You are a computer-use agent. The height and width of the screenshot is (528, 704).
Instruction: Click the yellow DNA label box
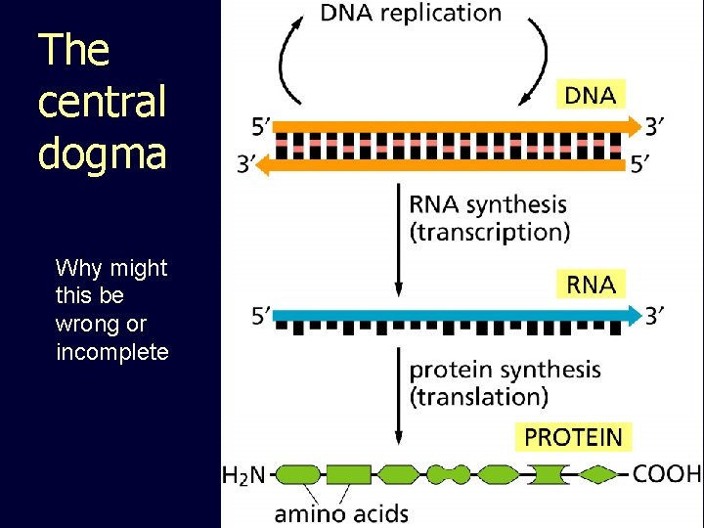(x=591, y=95)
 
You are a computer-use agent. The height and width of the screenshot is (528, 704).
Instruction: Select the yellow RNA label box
(x=591, y=285)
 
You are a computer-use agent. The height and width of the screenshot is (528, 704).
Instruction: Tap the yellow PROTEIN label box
(x=573, y=436)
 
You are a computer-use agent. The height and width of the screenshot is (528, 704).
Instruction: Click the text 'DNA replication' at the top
(x=411, y=14)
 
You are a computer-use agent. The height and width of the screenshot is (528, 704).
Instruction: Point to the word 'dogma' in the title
(x=102, y=153)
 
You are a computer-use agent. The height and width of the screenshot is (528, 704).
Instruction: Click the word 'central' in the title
(x=102, y=102)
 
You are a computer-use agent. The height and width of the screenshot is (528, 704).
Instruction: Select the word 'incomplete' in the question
(x=112, y=352)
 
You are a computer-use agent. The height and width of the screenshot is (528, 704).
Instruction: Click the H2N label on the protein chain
(x=244, y=475)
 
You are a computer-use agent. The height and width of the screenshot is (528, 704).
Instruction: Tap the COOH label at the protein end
(x=667, y=474)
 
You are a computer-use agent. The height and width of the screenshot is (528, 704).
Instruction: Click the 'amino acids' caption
(x=341, y=512)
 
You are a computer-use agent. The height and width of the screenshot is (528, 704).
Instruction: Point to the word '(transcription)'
(x=489, y=233)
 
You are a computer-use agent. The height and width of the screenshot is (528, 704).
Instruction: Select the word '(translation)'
(x=478, y=397)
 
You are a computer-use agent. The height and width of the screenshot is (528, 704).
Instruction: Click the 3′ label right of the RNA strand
(x=657, y=315)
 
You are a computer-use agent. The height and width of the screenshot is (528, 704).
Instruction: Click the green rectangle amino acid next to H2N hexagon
(x=347, y=475)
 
